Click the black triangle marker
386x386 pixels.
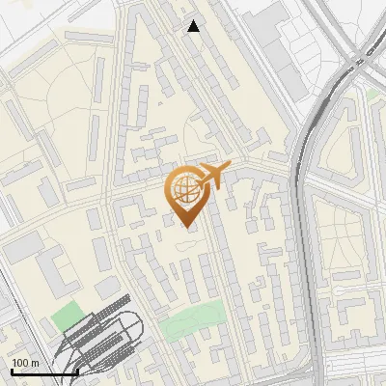194,26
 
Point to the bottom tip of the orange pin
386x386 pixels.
185,228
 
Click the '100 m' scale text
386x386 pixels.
26,363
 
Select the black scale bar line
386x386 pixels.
44,372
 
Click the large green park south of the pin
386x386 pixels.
193,323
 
